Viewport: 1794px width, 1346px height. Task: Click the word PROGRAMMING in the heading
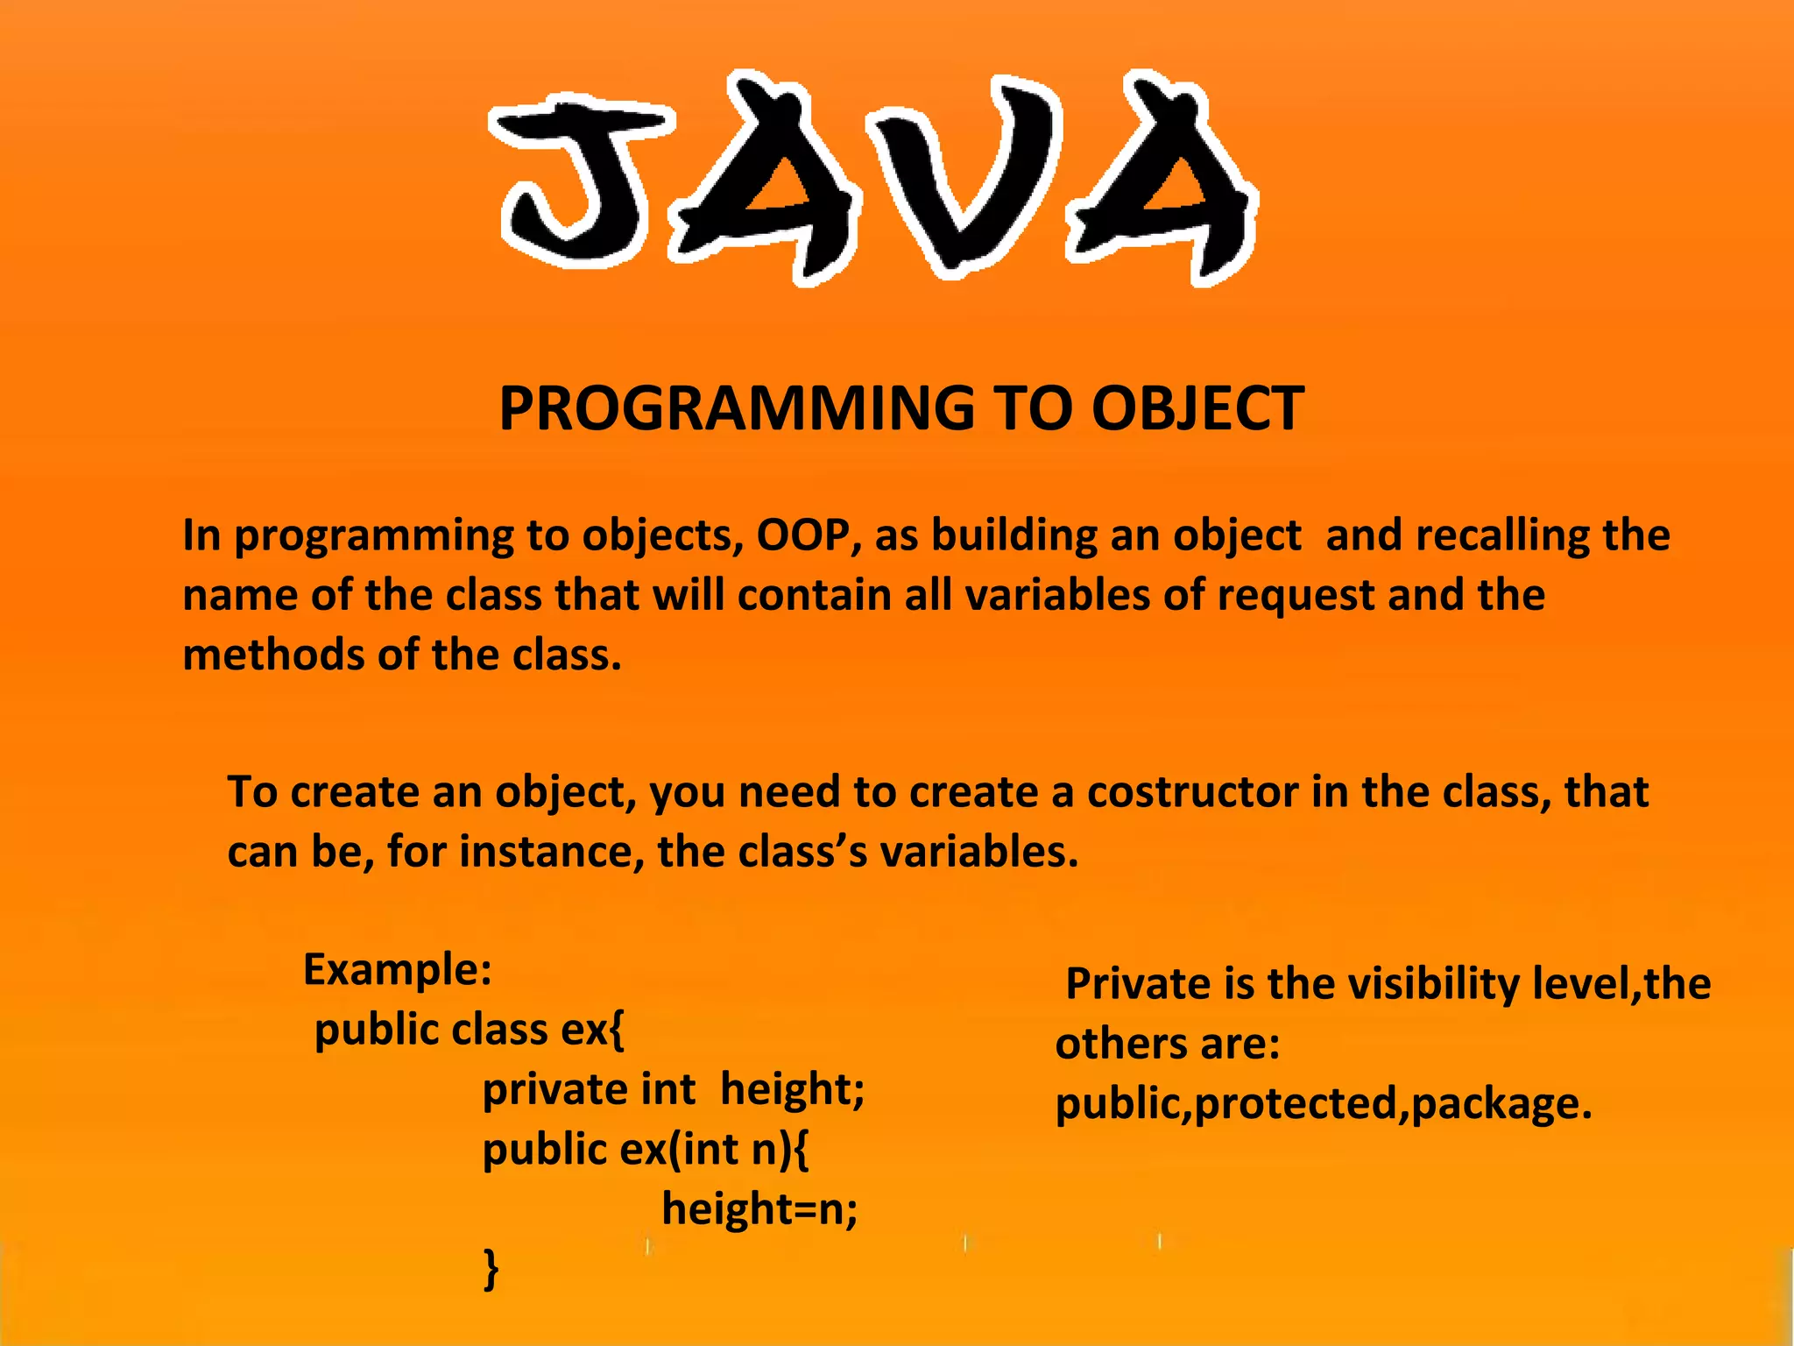point(736,409)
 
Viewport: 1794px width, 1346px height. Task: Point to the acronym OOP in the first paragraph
point(802,535)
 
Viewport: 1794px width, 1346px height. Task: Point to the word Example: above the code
point(397,970)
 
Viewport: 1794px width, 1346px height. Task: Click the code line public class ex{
point(470,1030)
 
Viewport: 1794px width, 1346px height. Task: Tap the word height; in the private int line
point(792,1089)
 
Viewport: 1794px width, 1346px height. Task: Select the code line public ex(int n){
point(646,1149)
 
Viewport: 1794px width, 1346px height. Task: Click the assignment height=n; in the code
point(759,1209)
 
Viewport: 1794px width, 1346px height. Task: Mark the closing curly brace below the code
point(491,1269)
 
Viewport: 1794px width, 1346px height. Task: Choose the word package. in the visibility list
point(1501,1104)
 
